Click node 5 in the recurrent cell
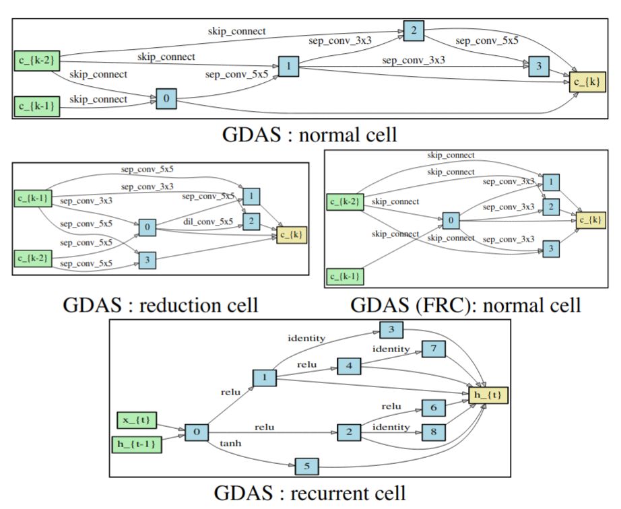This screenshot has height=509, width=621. (306, 465)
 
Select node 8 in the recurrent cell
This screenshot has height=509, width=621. (434, 432)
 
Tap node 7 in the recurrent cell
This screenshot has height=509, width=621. (434, 349)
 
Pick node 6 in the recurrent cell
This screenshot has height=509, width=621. (434, 407)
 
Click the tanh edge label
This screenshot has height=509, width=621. (230, 444)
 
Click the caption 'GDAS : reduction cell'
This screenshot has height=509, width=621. (160, 305)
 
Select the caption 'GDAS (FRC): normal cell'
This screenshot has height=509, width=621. (465, 305)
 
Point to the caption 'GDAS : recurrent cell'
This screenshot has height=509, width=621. (310, 492)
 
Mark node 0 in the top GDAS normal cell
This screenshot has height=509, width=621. (166, 99)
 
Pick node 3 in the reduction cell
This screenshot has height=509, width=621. (148, 259)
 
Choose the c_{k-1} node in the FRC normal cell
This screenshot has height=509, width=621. (346, 276)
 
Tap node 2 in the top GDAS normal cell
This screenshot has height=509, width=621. (414, 30)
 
